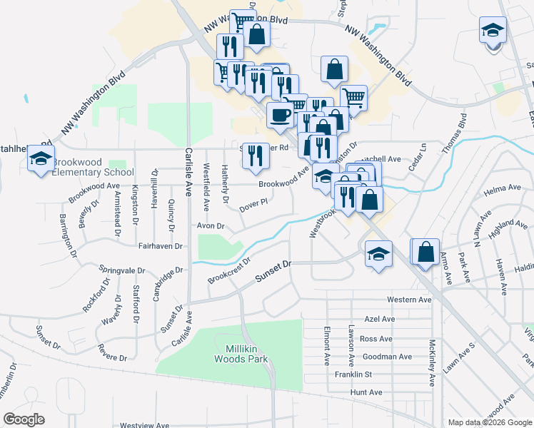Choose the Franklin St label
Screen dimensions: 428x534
pos(353,374)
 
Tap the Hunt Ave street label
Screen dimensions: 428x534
pos(366,392)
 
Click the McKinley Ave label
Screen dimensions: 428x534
pos(432,362)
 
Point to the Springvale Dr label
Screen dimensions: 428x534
pos(121,272)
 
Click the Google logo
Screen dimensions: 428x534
pos(25,419)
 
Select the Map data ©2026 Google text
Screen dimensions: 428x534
pos(489,422)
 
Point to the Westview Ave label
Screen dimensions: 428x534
pos(145,425)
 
